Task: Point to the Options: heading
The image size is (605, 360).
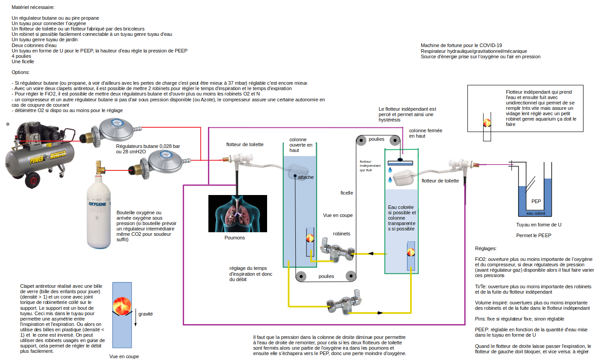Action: (21, 72)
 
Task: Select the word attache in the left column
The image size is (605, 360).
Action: (306, 177)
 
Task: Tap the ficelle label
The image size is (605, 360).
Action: (346, 193)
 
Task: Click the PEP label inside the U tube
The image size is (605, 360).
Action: (536, 201)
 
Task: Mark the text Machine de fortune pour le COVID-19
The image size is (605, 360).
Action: (461, 45)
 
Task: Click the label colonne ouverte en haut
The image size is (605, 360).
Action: (301, 145)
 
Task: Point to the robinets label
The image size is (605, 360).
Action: (341, 234)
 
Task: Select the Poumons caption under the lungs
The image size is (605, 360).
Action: (235, 238)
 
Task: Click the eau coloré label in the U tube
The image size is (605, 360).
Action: (536, 213)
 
